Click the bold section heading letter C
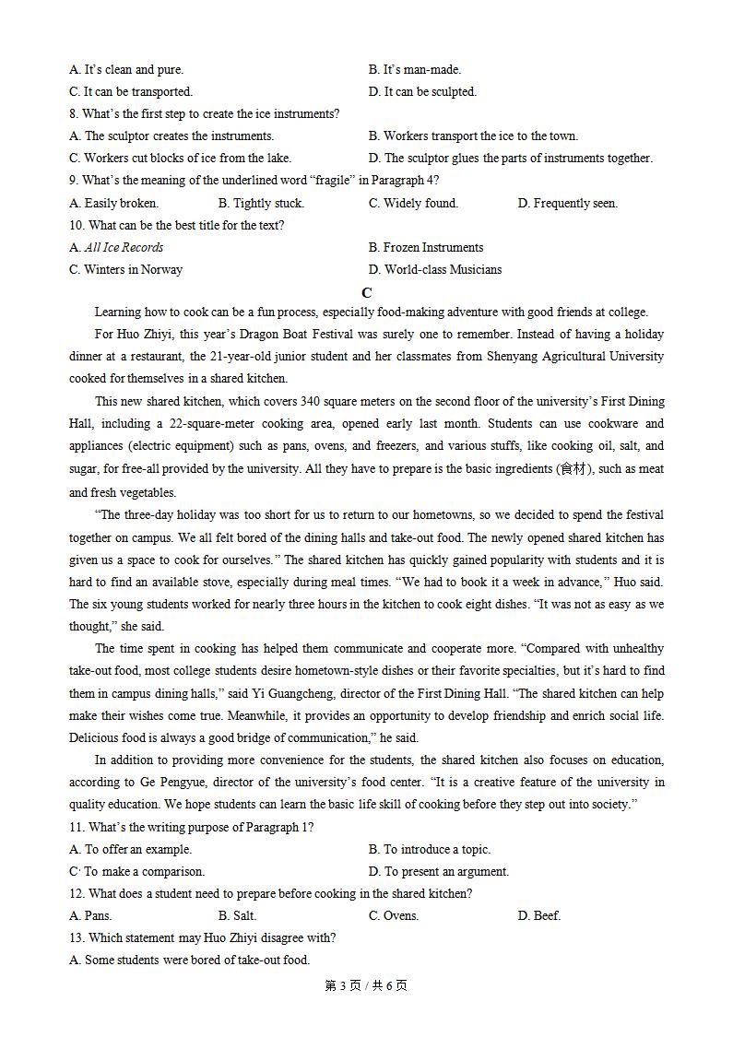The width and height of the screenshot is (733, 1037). [x=367, y=293]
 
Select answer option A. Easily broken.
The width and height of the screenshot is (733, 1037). [x=113, y=203]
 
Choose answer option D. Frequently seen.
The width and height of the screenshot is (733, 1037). [x=567, y=203]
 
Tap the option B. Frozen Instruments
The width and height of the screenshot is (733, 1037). [x=425, y=247]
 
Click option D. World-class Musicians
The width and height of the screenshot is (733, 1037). [x=435, y=269]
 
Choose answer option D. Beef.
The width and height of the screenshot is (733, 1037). [x=539, y=915]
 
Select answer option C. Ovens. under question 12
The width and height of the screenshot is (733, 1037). [x=394, y=915]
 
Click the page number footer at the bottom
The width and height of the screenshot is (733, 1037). [x=366, y=985]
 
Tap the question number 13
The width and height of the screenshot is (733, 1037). [x=77, y=937]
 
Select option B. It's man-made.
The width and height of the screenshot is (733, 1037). [x=415, y=69]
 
